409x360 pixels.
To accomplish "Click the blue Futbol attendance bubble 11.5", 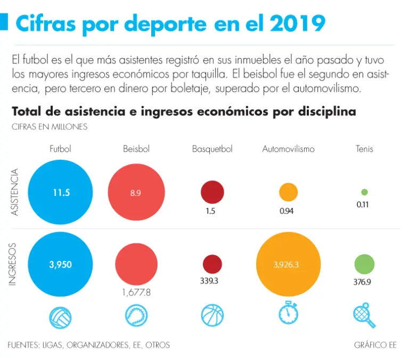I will point(61,193).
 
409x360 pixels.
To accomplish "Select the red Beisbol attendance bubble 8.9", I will point(135,193).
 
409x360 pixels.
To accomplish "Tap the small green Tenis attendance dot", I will point(364,192).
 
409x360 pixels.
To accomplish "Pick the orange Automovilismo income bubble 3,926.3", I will point(288,264).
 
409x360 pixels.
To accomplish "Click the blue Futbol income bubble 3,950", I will point(61,264).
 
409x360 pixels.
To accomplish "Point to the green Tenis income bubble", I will point(364,264).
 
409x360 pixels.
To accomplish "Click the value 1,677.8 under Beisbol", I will point(136,292).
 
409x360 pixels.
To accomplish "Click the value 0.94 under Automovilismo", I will point(287,210).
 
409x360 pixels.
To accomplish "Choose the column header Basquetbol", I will point(212,149).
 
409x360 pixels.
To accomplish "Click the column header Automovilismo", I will point(288,149).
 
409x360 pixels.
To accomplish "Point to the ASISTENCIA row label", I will point(15,192).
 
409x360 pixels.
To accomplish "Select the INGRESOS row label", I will point(14,264).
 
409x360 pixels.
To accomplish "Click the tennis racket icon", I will point(364,315).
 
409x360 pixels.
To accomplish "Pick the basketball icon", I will point(212,315).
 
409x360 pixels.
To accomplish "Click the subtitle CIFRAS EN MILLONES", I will point(50,127).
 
